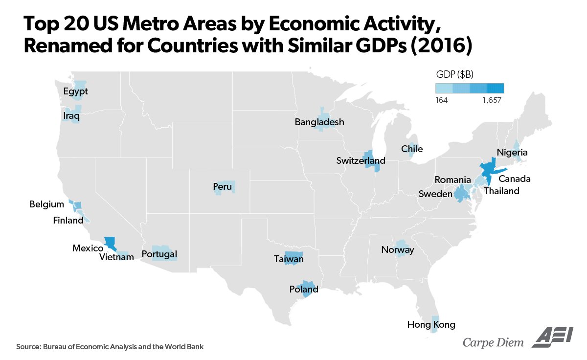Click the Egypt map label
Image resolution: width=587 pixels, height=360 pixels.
76,91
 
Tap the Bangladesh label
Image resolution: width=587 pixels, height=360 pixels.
319,122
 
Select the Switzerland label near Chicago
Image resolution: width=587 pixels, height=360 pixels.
361,160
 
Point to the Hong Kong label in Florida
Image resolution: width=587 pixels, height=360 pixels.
431,324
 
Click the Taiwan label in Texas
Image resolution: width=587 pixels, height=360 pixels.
289,259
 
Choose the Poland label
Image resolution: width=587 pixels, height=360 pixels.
304,289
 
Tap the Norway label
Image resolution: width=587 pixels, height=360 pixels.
398,250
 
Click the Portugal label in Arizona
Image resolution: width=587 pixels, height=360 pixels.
159,254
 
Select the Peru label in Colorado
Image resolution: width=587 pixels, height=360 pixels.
223,186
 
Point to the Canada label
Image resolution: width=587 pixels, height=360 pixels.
515,179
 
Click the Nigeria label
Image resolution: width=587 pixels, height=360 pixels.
512,153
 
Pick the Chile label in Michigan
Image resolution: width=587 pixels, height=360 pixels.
412,149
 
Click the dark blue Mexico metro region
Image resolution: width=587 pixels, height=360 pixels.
110,242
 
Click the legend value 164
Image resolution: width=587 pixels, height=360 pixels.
442,100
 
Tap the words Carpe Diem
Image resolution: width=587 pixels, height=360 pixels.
493,342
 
